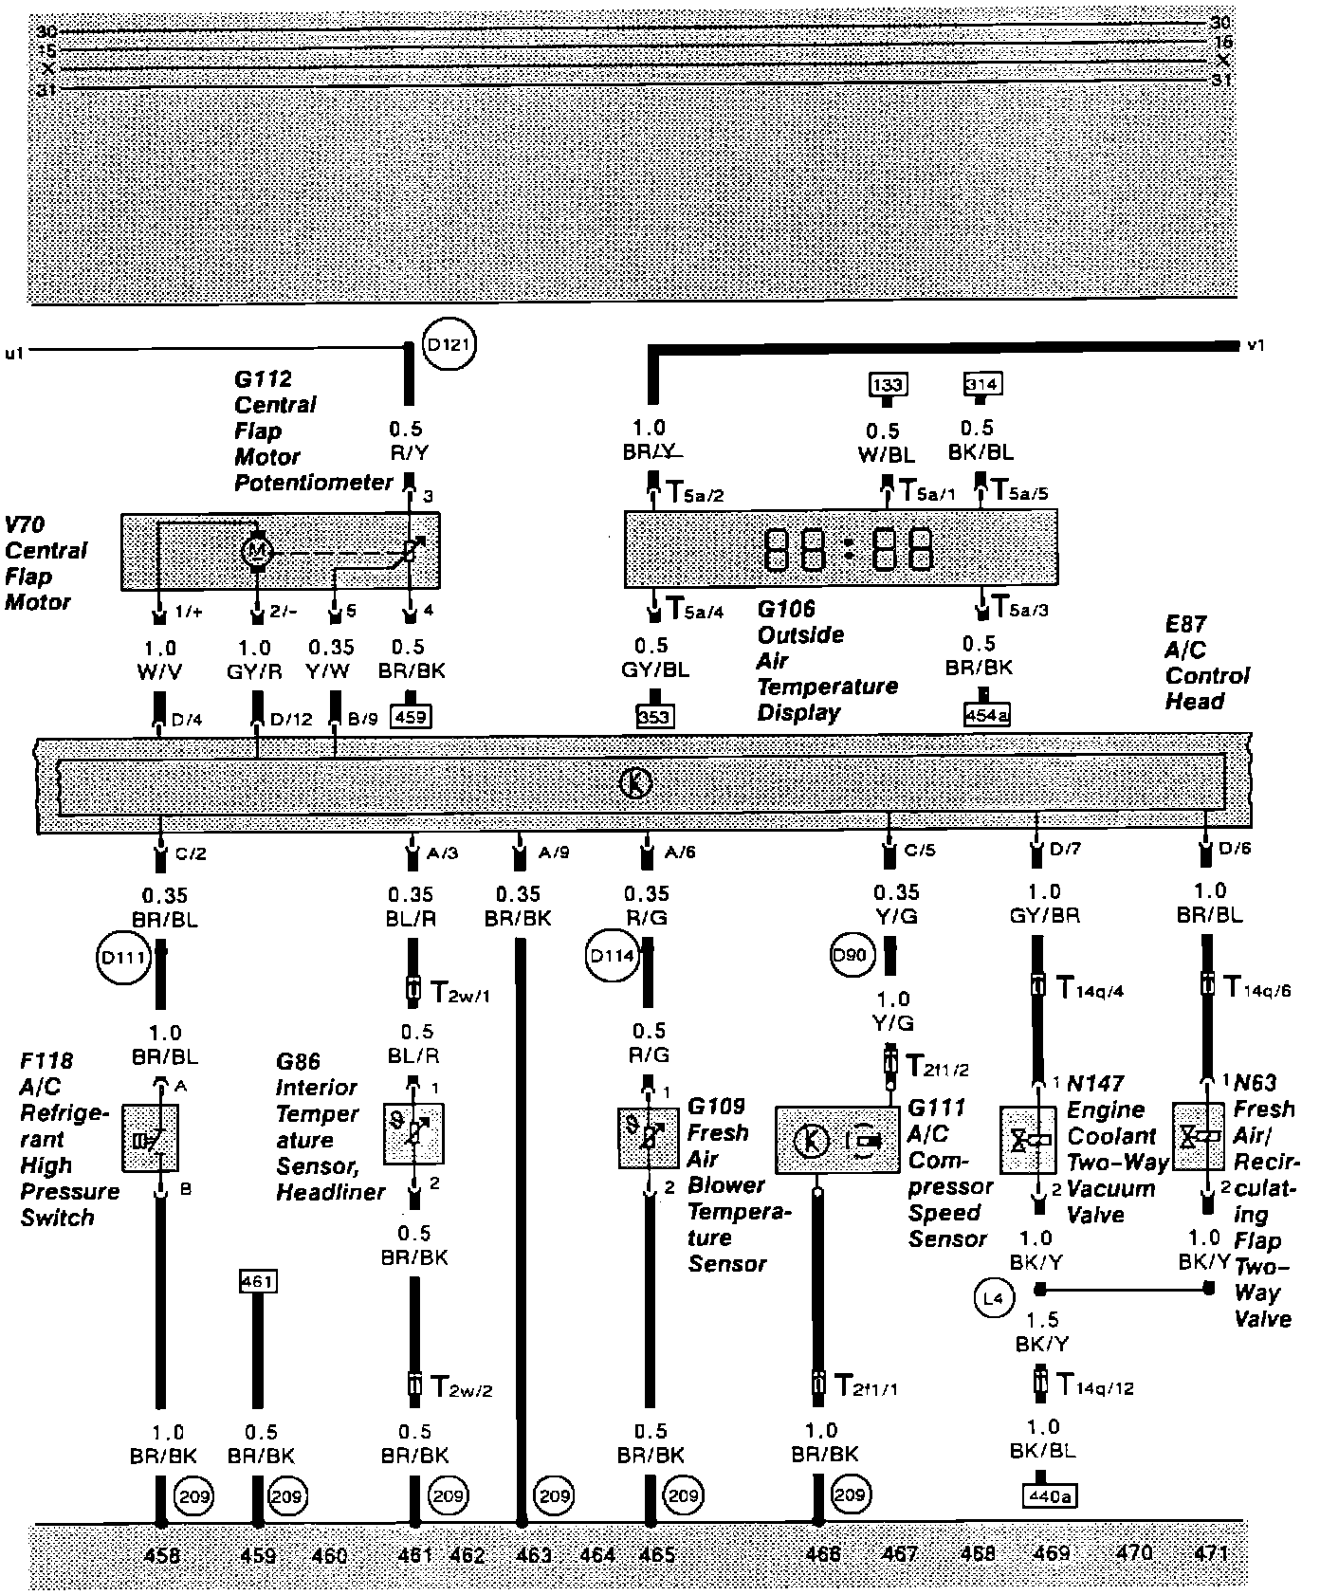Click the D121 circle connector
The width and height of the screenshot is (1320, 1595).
pyautogui.click(x=449, y=346)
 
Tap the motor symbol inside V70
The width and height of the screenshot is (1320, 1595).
pyautogui.click(x=257, y=550)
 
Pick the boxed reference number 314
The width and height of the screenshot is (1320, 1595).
pyautogui.click(x=982, y=384)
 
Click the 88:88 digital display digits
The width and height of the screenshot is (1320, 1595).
pyautogui.click(x=849, y=548)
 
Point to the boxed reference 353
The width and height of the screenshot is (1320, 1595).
pyautogui.click(x=654, y=716)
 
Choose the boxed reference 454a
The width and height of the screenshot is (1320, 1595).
pyautogui.click(x=986, y=716)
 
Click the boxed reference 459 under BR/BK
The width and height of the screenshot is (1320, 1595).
pyautogui.click(x=410, y=718)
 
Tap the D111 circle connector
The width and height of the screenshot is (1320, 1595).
pyautogui.click(x=124, y=958)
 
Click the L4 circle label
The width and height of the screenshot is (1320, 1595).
pyautogui.click(x=993, y=1299)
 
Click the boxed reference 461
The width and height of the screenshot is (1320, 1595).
pyautogui.click(x=257, y=1282)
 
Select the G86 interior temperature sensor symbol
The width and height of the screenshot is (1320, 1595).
pyautogui.click(x=412, y=1133)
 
